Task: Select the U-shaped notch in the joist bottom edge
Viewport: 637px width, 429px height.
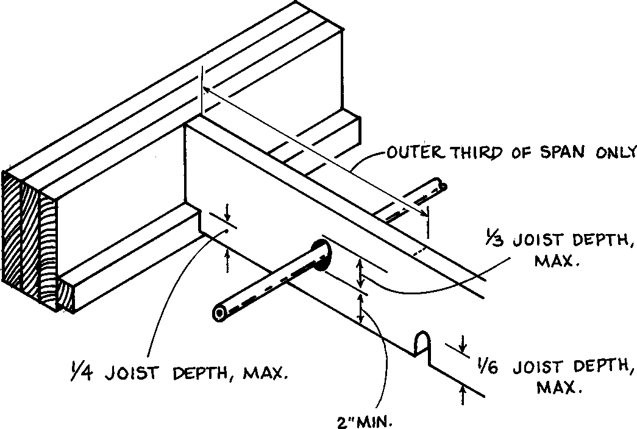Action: (x=421, y=345)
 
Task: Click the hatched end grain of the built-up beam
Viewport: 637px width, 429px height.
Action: (x=30, y=238)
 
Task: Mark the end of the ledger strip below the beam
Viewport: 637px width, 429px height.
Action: (x=68, y=296)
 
